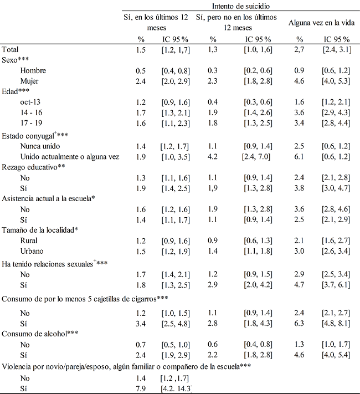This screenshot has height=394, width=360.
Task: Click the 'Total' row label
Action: (x=12, y=50)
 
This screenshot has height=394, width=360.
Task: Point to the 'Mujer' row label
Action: (x=30, y=81)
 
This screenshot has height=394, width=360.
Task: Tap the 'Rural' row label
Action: (x=28, y=241)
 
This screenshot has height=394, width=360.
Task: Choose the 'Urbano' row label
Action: (x=30, y=252)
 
